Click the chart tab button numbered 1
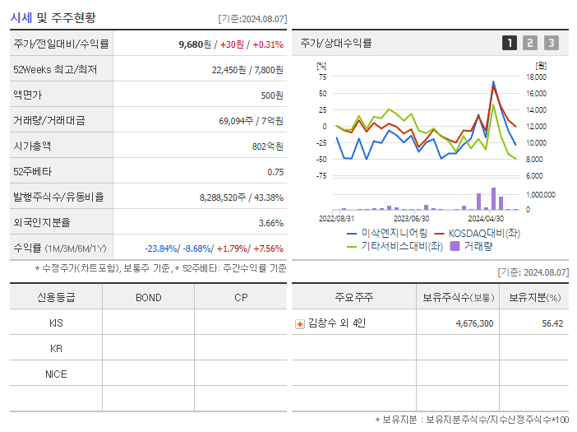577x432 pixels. pyautogui.click(x=510, y=43)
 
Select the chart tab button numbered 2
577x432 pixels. pyautogui.click(x=530, y=43)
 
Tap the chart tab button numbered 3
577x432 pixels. pyautogui.click(x=551, y=43)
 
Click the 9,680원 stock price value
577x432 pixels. pyautogui.click(x=194, y=44)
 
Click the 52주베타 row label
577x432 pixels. pyautogui.click(x=30, y=172)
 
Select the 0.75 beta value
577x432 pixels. pyautogui.click(x=275, y=172)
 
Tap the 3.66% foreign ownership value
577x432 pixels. pyautogui.click(x=270, y=223)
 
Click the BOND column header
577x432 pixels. pyautogui.click(x=148, y=298)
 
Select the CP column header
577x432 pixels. pyautogui.click(x=241, y=298)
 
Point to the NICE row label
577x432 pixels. pyautogui.click(x=56, y=374)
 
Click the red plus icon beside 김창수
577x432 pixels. pyautogui.click(x=300, y=323)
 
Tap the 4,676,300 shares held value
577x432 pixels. pyautogui.click(x=474, y=323)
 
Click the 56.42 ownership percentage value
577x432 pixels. pyautogui.click(x=552, y=323)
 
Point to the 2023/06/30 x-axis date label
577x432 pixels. pyautogui.click(x=411, y=218)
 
